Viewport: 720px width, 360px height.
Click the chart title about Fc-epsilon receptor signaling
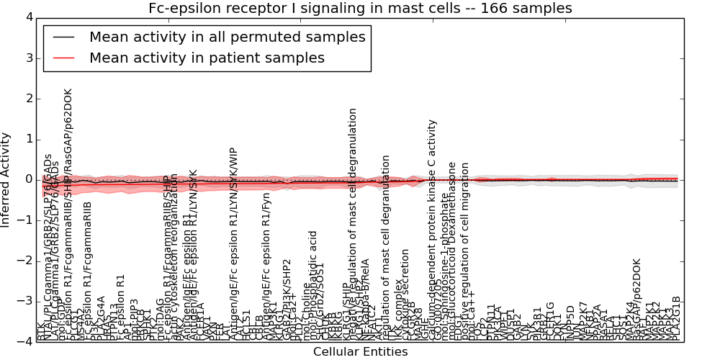click(360, 9)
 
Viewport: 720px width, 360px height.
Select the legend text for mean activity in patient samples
click(207, 58)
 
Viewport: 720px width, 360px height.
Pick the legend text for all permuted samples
click(227, 37)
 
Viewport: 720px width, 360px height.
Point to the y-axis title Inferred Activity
click(6, 179)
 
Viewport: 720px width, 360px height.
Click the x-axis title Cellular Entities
click(360, 352)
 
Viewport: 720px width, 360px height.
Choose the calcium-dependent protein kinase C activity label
click(432, 230)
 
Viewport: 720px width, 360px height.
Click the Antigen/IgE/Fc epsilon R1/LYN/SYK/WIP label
click(233, 245)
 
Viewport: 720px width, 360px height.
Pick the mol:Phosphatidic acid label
click(312, 284)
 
